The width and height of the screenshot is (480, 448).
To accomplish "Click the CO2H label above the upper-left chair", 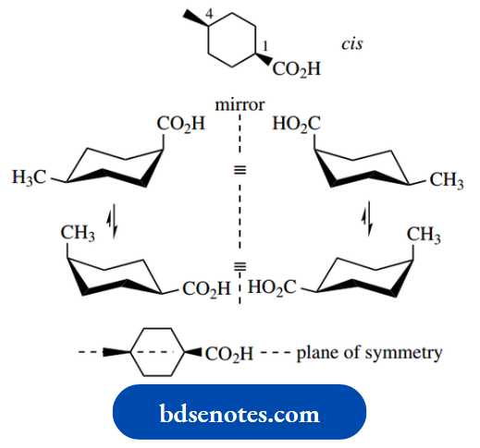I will click(180, 125).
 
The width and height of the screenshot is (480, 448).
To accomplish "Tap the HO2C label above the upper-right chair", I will click(295, 125).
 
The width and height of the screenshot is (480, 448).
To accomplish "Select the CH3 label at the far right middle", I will click(447, 179).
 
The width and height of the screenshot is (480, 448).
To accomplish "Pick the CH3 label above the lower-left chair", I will click(78, 235).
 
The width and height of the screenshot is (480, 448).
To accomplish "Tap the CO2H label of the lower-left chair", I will click(204, 289).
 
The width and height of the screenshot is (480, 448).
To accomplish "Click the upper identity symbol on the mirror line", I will click(240, 171).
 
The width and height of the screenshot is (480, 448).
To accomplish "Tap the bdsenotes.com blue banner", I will click(239, 411).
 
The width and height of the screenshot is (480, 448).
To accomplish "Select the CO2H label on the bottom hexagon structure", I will click(228, 353).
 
